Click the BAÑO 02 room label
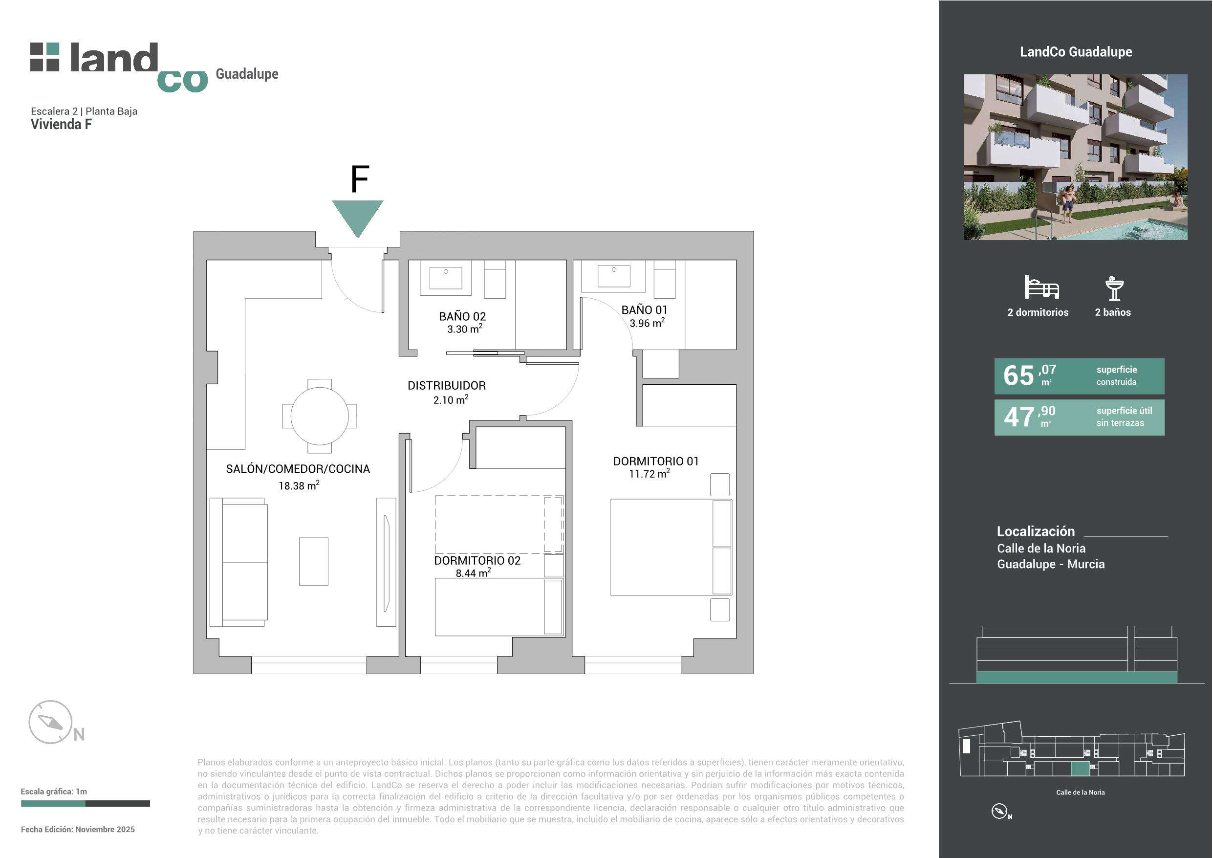pyautogui.click(x=462, y=316)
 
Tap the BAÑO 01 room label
pyautogui.click(x=644, y=310)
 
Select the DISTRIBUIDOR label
pyautogui.click(x=446, y=385)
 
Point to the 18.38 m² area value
pyautogui.click(x=299, y=485)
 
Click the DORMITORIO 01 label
pyautogui.click(x=656, y=461)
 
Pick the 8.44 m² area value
pyautogui.click(x=474, y=572)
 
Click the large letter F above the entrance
pyautogui.click(x=360, y=179)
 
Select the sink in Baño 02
pyautogui.click(x=445, y=277)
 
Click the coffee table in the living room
pyautogui.click(x=314, y=561)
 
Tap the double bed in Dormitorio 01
pyautogui.click(x=671, y=547)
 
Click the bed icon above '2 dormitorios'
pyautogui.click(x=1041, y=287)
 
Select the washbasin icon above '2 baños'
pyautogui.click(x=1114, y=288)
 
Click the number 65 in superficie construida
pyautogui.click(x=1018, y=376)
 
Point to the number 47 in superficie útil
pyautogui.click(x=1019, y=417)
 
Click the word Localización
pyautogui.click(x=1036, y=531)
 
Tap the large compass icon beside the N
pyautogui.click(x=50, y=722)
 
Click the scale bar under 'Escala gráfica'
pyautogui.click(x=86, y=804)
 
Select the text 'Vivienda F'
pyautogui.click(x=61, y=124)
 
